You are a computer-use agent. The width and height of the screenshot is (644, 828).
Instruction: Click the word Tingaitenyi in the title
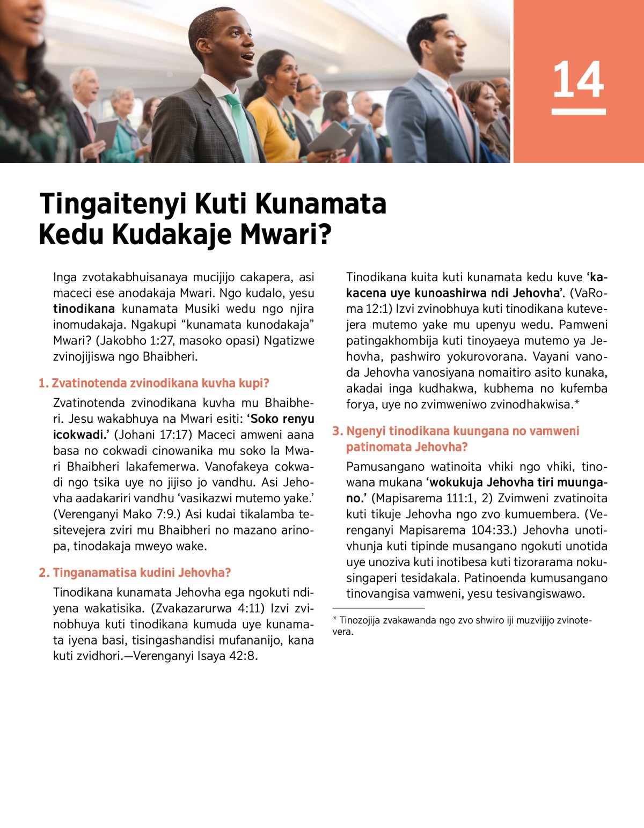113,204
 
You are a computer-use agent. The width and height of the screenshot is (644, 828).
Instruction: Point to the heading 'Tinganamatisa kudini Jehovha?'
142,573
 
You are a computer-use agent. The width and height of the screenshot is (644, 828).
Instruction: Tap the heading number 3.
337,431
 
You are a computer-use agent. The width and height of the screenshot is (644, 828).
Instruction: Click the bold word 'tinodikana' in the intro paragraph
84,309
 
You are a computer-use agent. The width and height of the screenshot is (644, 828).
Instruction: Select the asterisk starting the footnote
335,619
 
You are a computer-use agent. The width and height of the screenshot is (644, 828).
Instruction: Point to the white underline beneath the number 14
578,112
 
